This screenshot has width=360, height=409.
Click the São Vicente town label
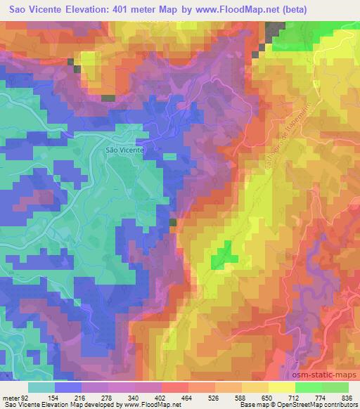coord(124,150)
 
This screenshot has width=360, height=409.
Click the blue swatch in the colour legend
coord(68,387)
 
